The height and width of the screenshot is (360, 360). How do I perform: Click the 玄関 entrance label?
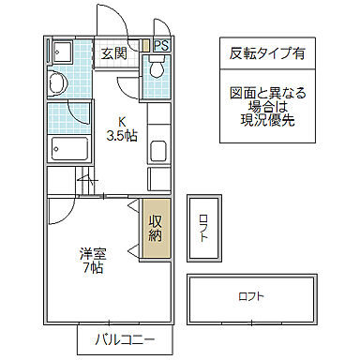pyautogui.click(x=114, y=52)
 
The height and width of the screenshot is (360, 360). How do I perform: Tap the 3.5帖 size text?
pyautogui.click(x=123, y=135)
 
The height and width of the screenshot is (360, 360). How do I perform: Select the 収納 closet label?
pyautogui.click(x=157, y=228)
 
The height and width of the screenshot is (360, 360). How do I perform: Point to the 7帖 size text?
pyautogui.click(x=91, y=267)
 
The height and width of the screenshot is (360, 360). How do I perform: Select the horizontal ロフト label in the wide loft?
pyautogui.click(x=250, y=297)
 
